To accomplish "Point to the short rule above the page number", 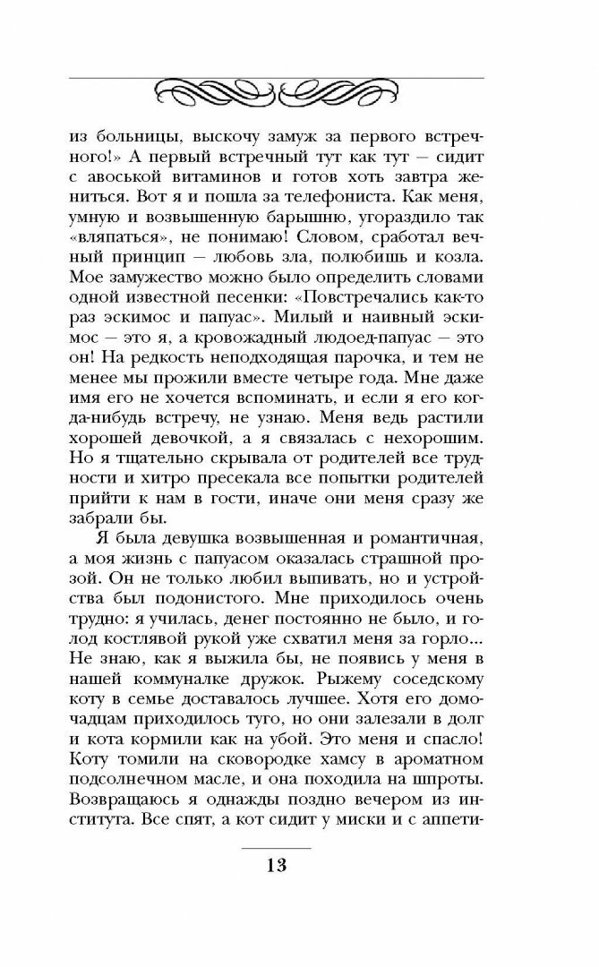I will pyautogui.click(x=276, y=847).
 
